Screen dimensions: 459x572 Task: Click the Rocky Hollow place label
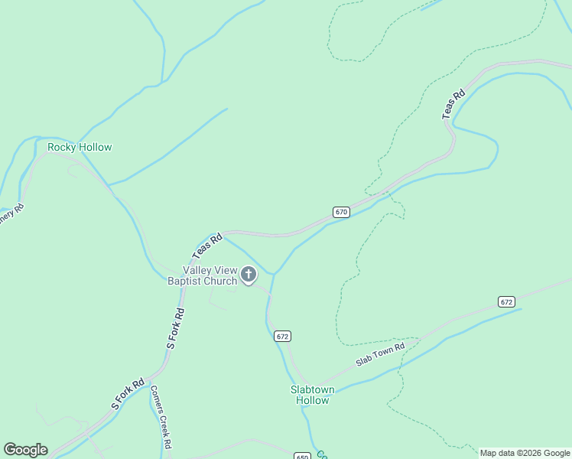(x=80, y=147)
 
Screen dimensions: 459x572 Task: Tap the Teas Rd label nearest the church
(x=206, y=246)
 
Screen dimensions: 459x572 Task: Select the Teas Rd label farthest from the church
(x=453, y=105)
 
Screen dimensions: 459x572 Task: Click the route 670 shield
(x=341, y=212)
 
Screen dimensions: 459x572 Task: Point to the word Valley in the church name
(x=197, y=270)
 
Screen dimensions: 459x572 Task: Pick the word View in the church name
(x=226, y=270)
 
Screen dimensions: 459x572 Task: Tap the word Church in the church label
(x=220, y=281)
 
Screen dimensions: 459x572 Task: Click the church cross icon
(x=249, y=274)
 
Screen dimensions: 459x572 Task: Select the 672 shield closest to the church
(x=283, y=337)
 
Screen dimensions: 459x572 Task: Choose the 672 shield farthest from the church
(x=506, y=301)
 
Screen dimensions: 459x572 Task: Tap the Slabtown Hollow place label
(x=312, y=395)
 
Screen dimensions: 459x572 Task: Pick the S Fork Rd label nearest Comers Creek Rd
(x=128, y=393)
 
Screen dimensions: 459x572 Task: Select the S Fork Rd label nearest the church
(x=176, y=329)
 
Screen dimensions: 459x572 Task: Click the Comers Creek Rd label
(x=161, y=416)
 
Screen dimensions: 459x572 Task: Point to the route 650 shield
(x=303, y=456)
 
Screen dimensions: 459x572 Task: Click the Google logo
(x=25, y=450)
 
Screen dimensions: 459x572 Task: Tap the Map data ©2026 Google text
(x=525, y=453)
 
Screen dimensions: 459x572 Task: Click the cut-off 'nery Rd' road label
(x=11, y=213)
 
